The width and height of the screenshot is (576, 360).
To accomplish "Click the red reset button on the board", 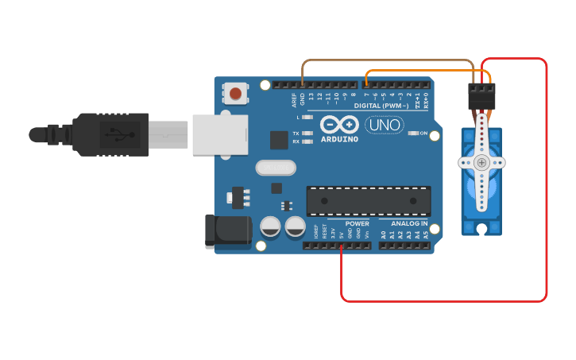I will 235,94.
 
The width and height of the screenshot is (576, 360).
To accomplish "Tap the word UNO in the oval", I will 384,125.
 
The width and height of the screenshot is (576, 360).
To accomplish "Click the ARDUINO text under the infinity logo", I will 339,139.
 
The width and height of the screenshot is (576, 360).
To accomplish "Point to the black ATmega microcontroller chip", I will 369,201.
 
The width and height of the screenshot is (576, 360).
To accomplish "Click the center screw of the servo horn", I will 481,162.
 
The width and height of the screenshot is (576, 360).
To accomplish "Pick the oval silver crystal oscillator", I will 276,168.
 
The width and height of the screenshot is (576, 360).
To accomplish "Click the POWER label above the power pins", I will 357,224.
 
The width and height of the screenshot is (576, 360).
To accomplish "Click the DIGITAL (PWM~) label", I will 381,105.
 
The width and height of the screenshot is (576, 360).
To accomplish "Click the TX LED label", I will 296,134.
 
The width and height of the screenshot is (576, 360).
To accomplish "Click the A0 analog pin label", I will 384,235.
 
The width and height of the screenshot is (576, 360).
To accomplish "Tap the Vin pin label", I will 367,235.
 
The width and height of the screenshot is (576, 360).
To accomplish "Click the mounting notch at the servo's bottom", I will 481,230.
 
